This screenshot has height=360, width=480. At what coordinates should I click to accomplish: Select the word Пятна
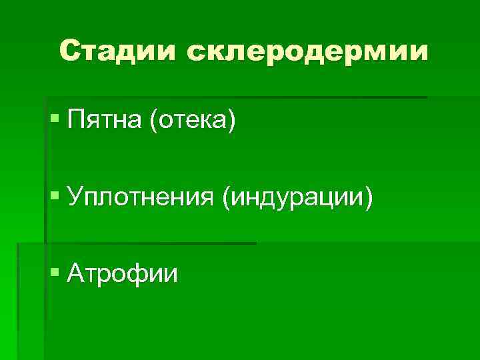(x=104, y=121)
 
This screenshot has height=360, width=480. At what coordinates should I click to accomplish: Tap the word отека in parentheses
(x=193, y=121)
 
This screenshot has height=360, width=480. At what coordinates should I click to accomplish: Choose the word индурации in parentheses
(x=298, y=197)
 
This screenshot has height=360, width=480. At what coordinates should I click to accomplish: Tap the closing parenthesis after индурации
(x=368, y=198)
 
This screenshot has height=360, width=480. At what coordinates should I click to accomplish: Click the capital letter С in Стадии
(x=70, y=51)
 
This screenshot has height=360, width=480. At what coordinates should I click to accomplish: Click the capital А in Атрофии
(x=76, y=273)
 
